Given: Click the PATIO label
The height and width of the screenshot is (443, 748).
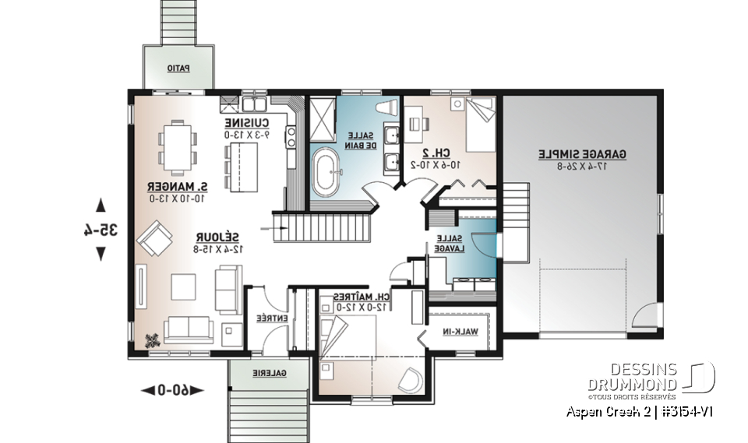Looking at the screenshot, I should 178,68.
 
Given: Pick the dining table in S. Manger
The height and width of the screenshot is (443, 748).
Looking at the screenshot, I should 174,144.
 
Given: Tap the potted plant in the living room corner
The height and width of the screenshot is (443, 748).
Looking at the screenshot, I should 153,339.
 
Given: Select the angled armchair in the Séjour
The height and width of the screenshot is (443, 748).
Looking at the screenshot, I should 157,237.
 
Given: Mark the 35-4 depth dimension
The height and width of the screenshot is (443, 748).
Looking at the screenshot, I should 101,230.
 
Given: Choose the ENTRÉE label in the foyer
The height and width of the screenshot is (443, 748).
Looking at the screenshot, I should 267,318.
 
